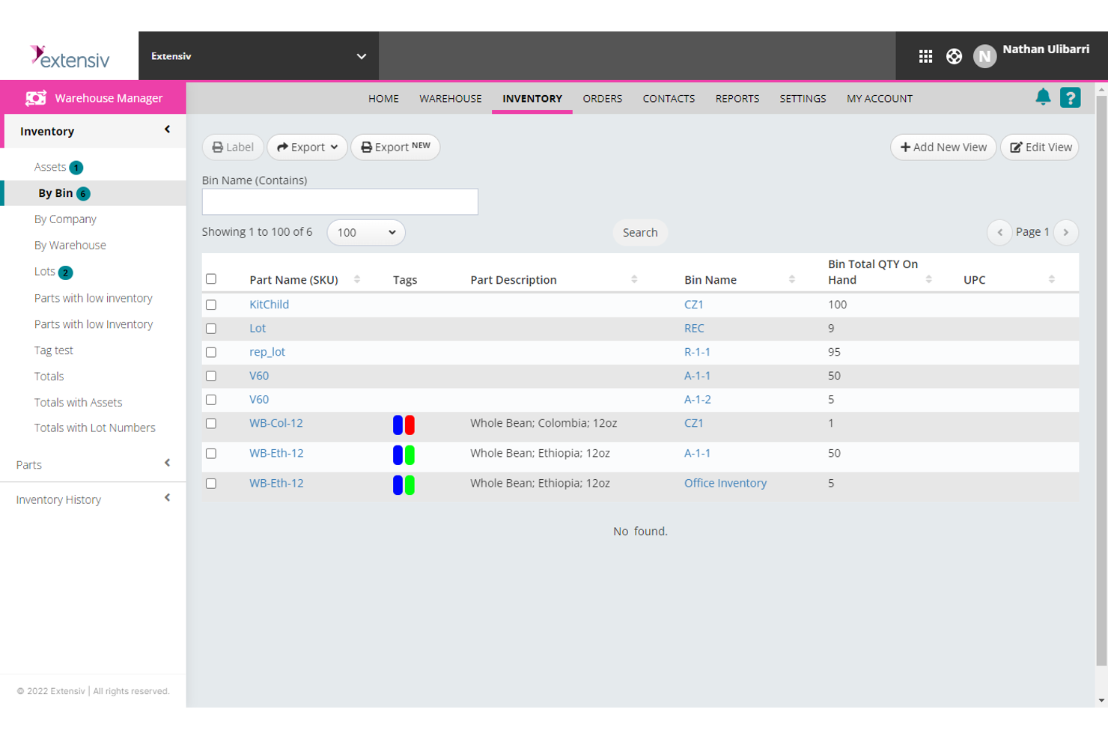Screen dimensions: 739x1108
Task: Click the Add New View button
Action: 943,148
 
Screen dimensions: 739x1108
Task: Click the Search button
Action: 639,233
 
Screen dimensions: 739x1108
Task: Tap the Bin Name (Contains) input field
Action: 340,202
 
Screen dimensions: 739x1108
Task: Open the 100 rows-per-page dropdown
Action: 366,233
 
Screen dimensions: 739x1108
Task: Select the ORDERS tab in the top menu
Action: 602,99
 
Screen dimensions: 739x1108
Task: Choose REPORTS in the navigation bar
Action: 737,99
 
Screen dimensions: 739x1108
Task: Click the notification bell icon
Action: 1042,97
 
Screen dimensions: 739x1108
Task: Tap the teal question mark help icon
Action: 1070,98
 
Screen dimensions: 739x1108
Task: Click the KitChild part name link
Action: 269,305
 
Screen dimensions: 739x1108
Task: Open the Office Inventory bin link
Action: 725,484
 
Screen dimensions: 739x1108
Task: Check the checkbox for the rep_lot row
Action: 211,353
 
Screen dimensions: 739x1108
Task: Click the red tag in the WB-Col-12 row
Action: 410,425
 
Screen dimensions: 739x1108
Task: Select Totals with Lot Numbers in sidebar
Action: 94,428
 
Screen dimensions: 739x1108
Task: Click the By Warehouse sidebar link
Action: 70,246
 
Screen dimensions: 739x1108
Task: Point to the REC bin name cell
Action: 694,329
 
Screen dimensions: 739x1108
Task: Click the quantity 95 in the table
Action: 834,353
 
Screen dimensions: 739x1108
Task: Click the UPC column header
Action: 974,280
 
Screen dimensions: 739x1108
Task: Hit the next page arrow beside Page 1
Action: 1065,233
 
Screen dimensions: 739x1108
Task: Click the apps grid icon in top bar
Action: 925,56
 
